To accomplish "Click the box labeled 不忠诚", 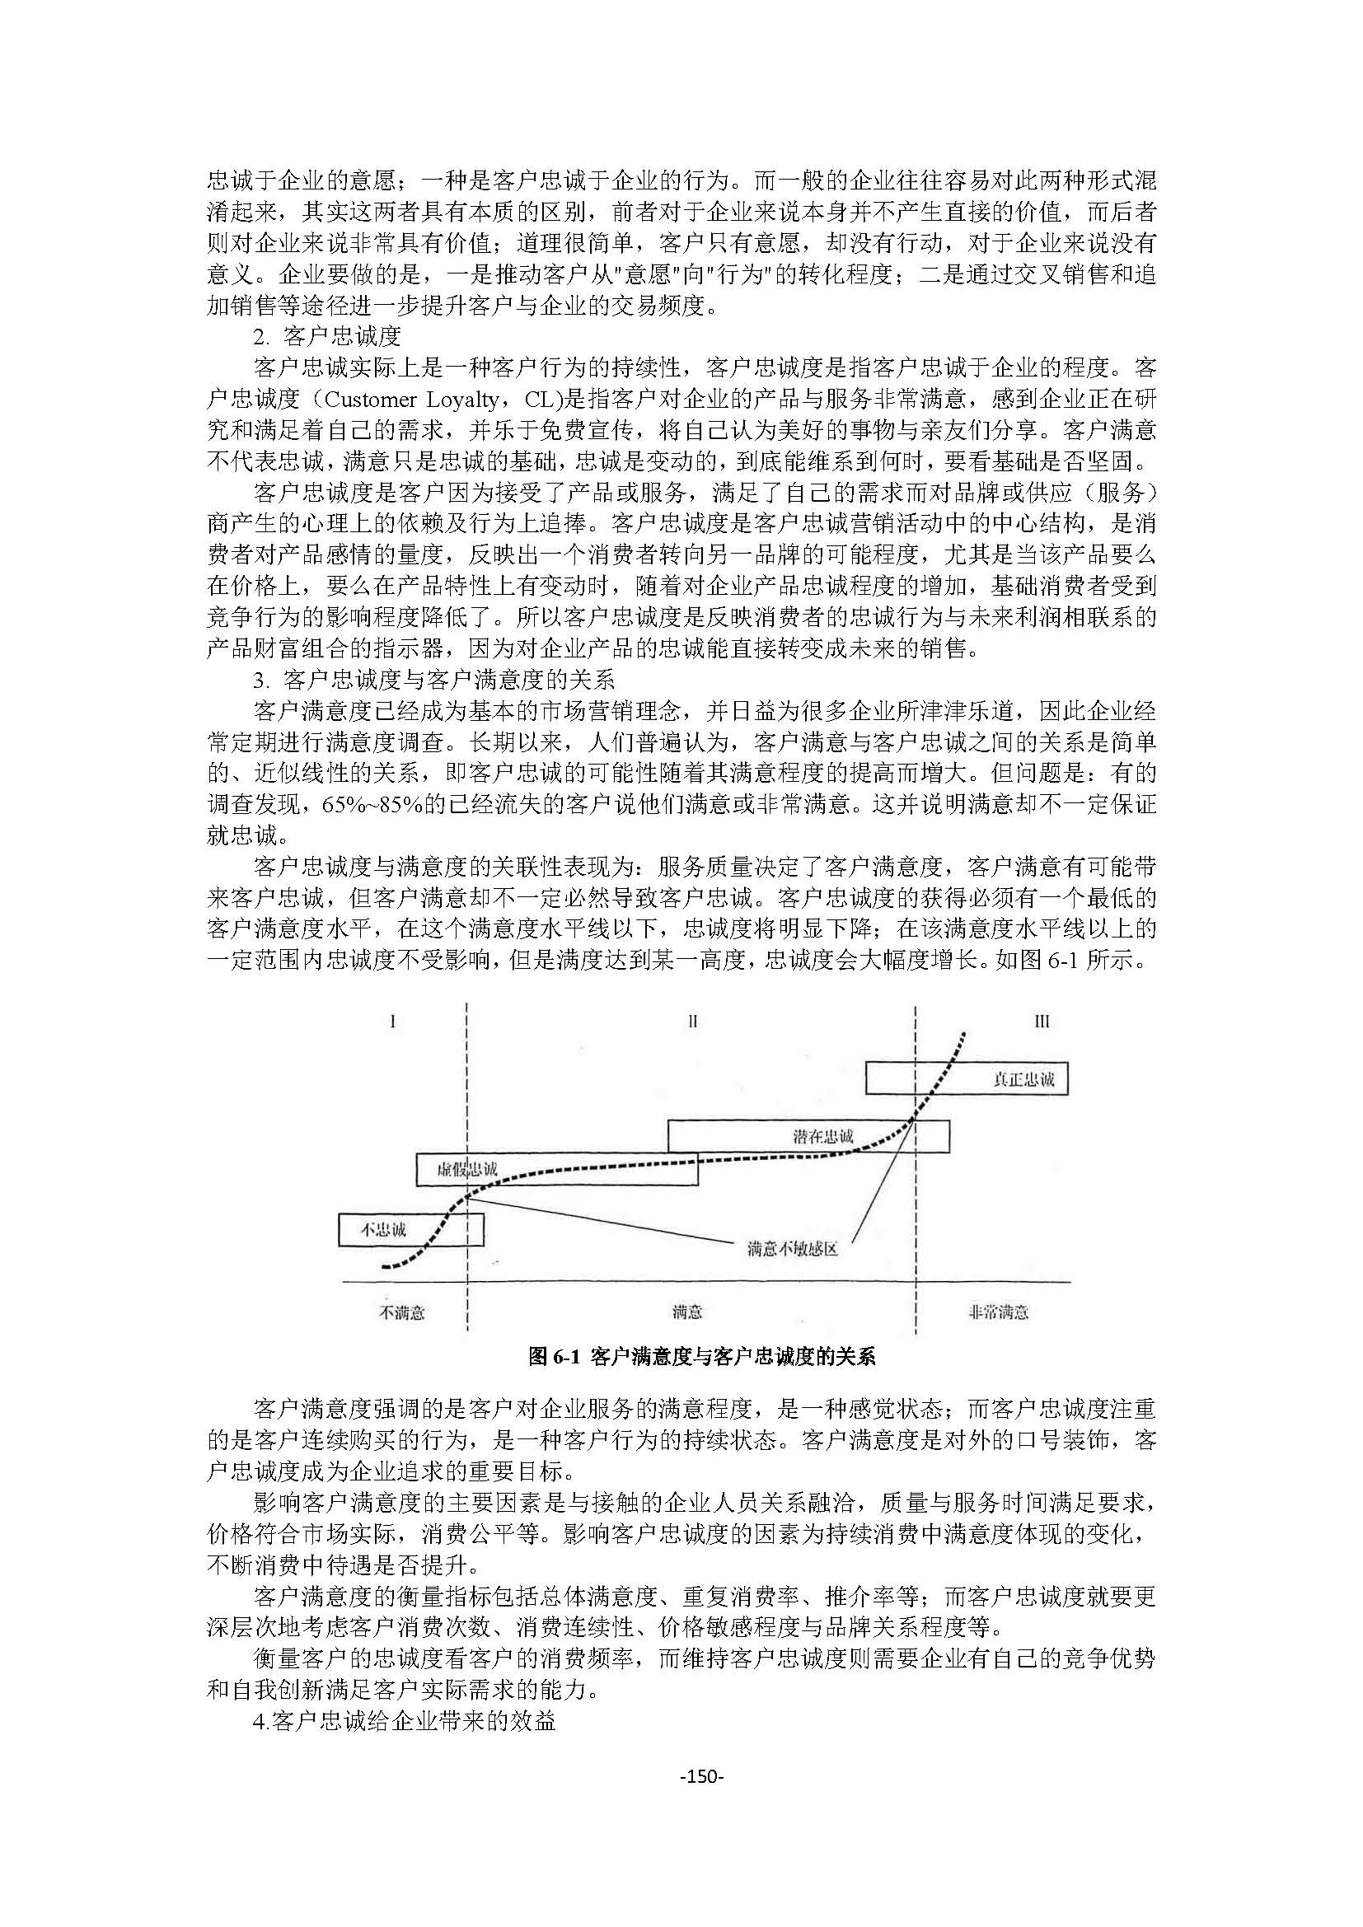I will pyautogui.click(x=410, y=1229).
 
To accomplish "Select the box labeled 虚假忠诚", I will pyautogui.click(x=556, y=1169).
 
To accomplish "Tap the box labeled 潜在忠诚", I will pyautogui.click(x=808, y=1136).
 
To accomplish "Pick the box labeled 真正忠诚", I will pyautogui.click(x=966, y=1078).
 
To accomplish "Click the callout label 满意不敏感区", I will pyautogui.click(x=792, y=1250).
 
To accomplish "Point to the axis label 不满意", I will pyautogui.click(x=403, y=1312).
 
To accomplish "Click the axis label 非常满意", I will pyautogui.click(x=999, y=1312).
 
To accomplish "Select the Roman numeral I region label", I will pyautogui.click(x=393, y=1022).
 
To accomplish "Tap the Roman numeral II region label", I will pyautogui.click(x=692, y=1022).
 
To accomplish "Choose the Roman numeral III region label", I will pyautogui.click(x=1042, y=1022).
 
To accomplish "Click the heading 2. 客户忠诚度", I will pyautogui.click(x=327, y=337).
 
